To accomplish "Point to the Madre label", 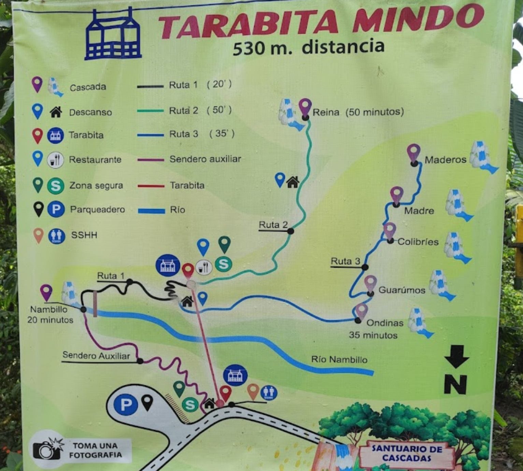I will (x=419, y=211).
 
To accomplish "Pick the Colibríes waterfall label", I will (x=418, y=242).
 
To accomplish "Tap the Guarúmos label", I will (x=402, y=290).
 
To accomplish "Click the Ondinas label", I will (x=385, y=323).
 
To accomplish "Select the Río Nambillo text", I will (x=339, y=359).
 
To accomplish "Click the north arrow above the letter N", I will (x=456, y=356).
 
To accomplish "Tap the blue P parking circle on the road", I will (x=126, y=405).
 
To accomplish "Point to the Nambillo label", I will (x=49, y=309).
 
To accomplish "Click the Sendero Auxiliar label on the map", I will (x=96, y=356).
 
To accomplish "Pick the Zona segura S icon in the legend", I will (x=56, y=186).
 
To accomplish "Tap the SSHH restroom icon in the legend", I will (x=57, y=235).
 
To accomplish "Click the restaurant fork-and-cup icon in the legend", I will (x=55, y=160).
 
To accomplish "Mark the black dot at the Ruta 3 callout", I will (x=365, y=267).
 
